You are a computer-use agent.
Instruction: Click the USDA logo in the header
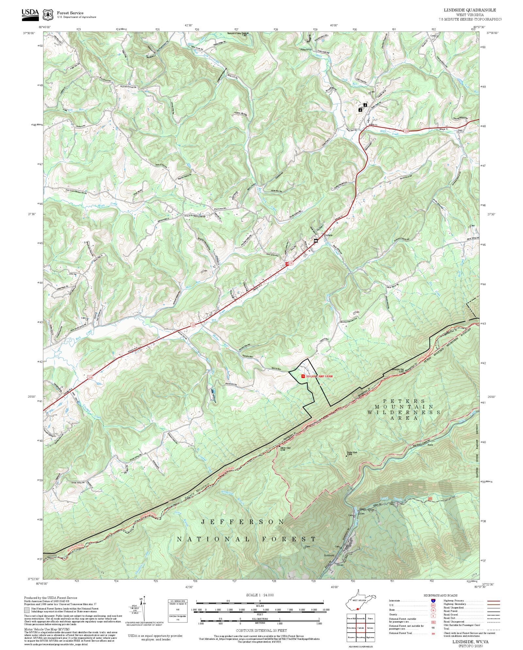[x=30, y=15]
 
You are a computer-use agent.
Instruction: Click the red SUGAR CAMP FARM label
[x=319, y=376]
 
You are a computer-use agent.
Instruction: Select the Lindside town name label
[x=328, y=235]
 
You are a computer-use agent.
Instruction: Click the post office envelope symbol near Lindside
[x=316, y=241]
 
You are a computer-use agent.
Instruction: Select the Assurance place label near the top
[x=306, y=49]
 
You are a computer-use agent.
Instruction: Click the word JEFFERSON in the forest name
[x=242, y=522]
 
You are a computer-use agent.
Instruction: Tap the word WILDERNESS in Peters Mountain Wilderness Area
[x=404, y=412]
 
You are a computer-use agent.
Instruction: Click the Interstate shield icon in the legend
[x=433, y=601]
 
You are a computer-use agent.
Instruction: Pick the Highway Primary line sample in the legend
[x=493, y=601]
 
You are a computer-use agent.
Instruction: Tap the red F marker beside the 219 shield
[x=287, y=263]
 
